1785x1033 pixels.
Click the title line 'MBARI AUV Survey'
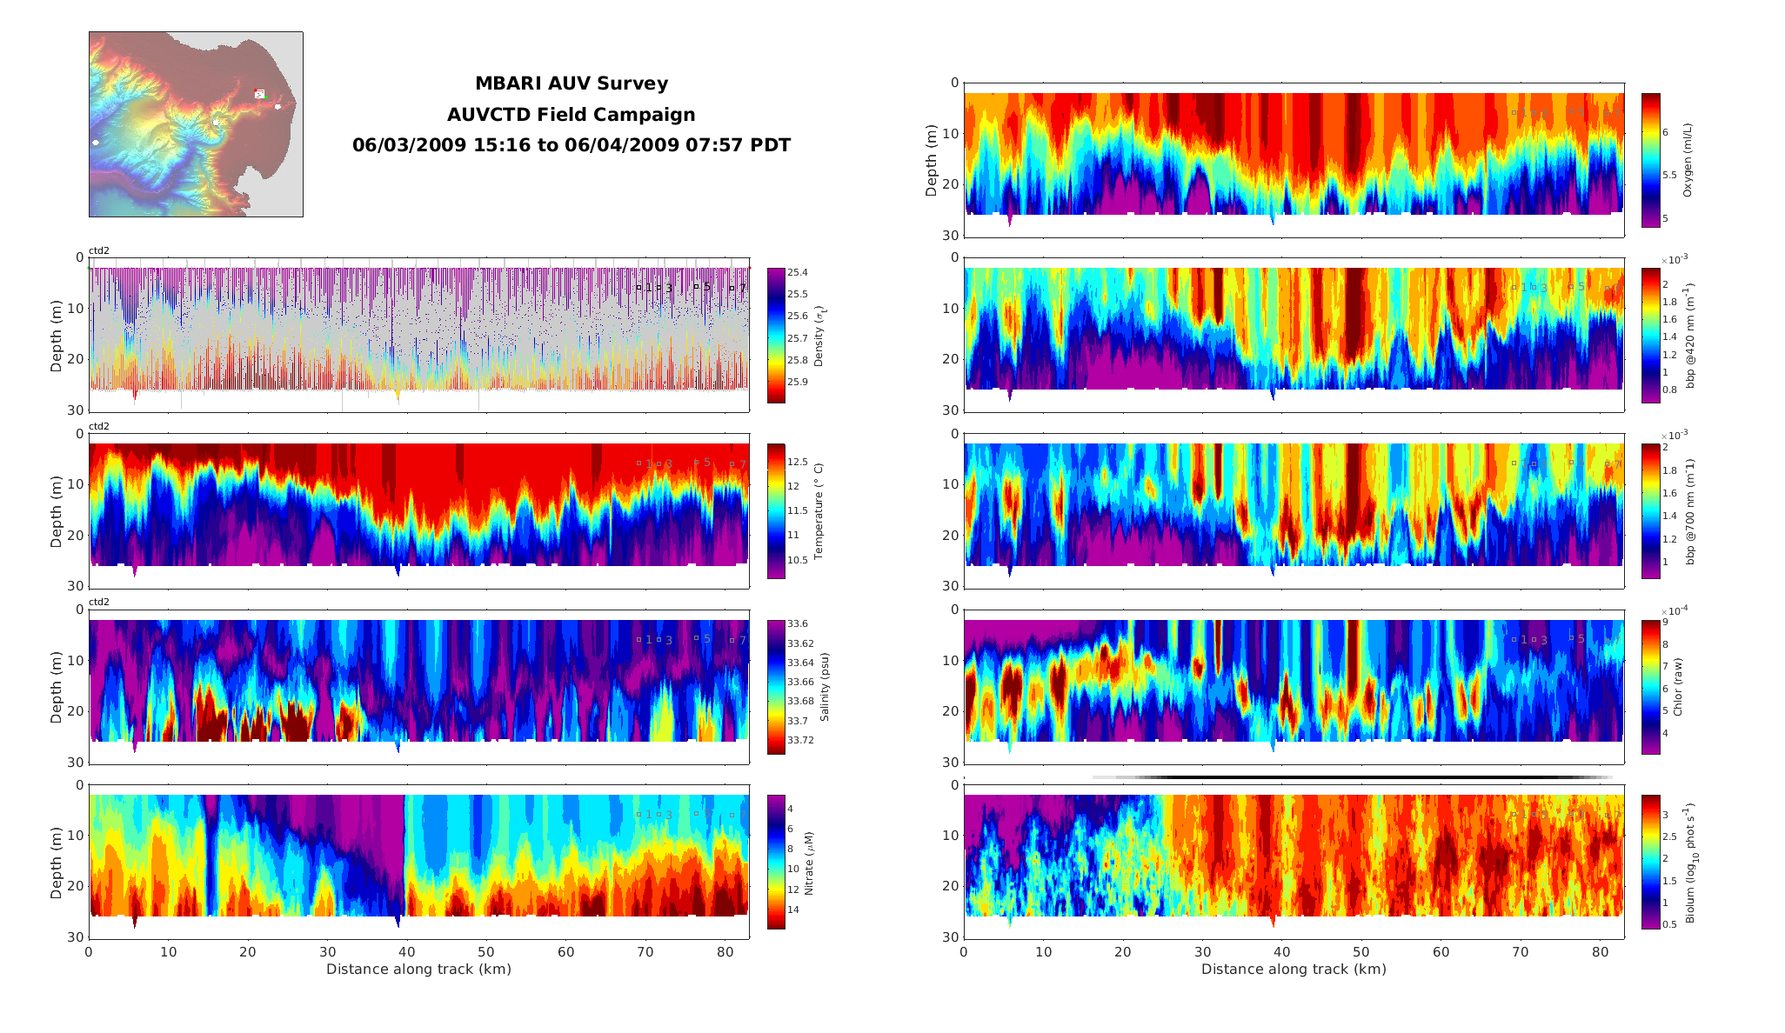pyautogui.click(x=571, y=83)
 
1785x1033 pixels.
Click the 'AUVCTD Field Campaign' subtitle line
pyautogui.click(x=571, y=115)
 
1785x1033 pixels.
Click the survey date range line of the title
pyautogui.click(x=571, y=145)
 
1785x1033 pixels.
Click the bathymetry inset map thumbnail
pyautogui.click(x=196, y=124)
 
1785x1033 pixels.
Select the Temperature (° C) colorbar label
pyautogui.click(x=819, y=510)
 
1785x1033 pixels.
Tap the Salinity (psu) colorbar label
pyautogui.click(x=825, y=687)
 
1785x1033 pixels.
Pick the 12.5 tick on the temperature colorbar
pyautogui.click(x=798, y=463)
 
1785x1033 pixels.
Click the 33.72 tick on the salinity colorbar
pyautogui.click(x=800, y=741)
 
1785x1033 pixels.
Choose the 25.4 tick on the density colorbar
pyautogui.click(x=797, y=273)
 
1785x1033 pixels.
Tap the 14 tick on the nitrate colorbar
pyautogui.click(x=793, y=910)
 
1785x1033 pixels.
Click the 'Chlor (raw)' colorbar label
pyautogui.click(x=1678, y=687)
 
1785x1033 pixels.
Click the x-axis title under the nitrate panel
pyautogui.click(x=418, y=970)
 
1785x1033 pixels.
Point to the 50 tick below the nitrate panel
pyautogui.click(x=486, y=952)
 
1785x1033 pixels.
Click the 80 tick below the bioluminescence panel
pyautogui.click(x=1600, y=952)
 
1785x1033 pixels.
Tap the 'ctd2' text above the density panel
pyautogui.click(x=99, y=251)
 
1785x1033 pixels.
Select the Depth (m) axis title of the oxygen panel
pyautogui.click(x=932, y=161)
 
